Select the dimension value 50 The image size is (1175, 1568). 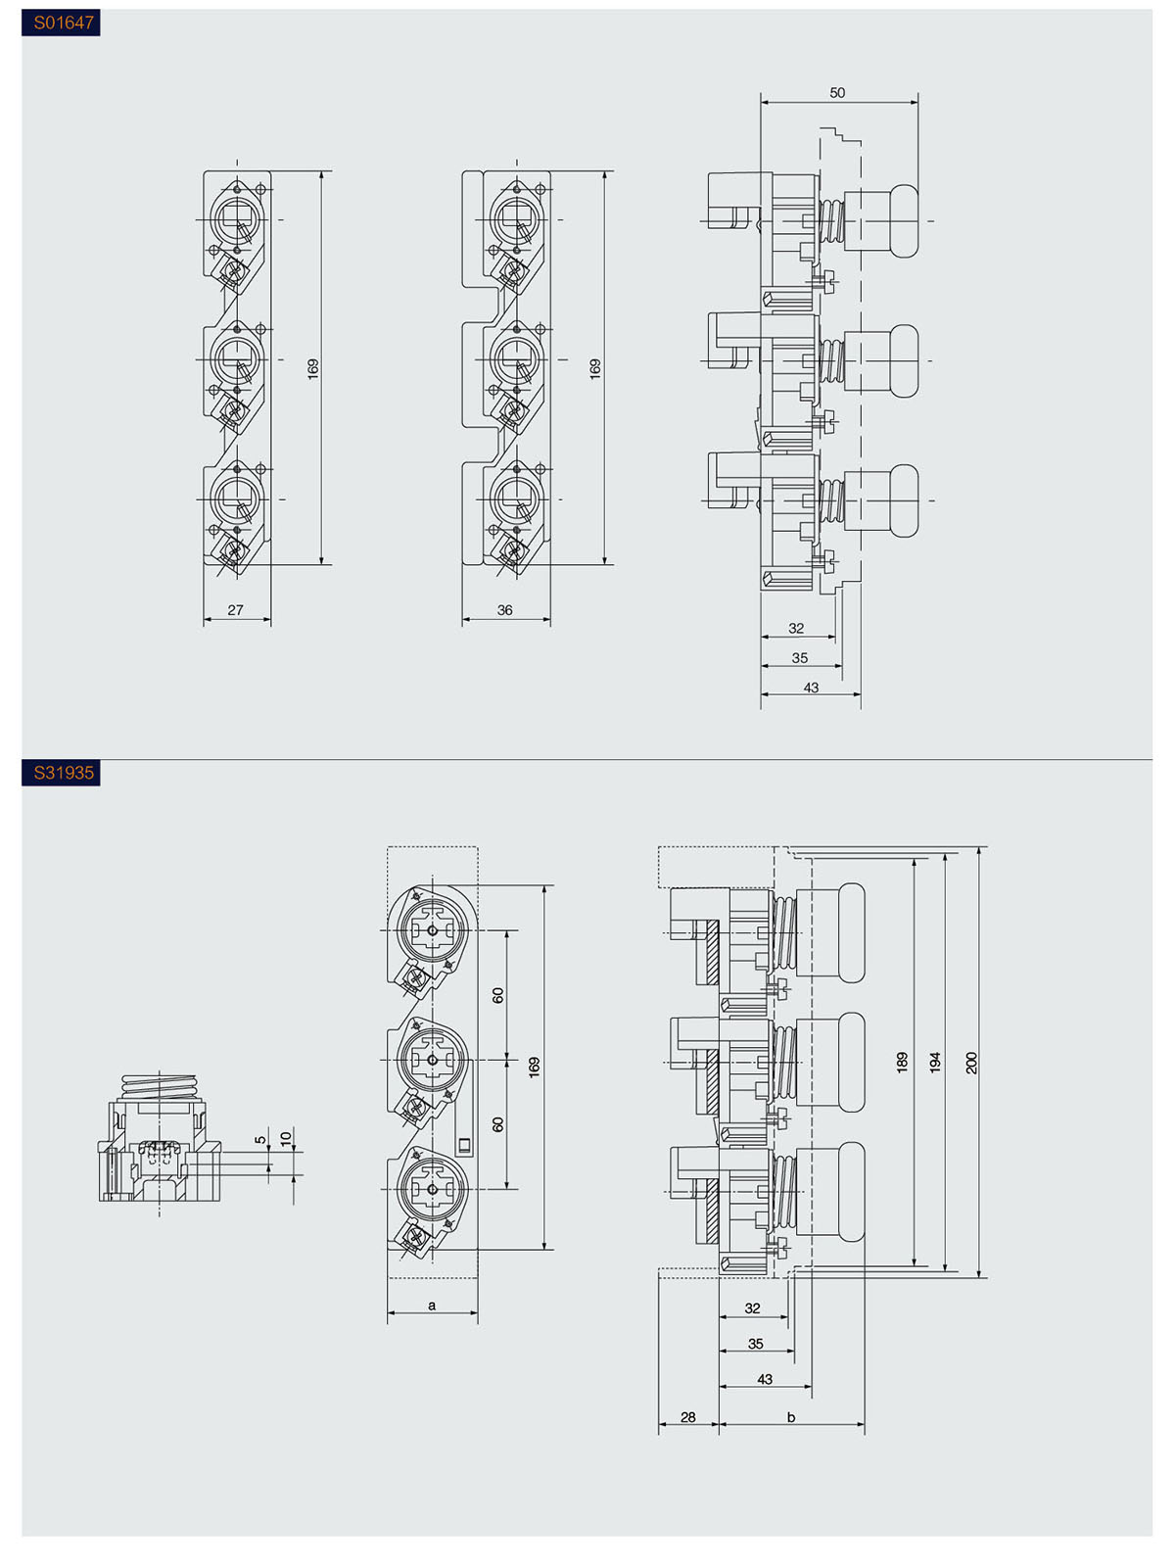click(837, 93)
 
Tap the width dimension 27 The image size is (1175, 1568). click(236, 610)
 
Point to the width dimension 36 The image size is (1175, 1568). click(504, 610)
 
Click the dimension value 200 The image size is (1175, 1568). click(971, 1063)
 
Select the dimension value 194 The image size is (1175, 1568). click(936, 1063)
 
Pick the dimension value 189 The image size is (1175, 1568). click(903, 1063)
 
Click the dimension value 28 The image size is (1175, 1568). click(688, 1417)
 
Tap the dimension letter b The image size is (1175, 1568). click(791, 1417)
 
